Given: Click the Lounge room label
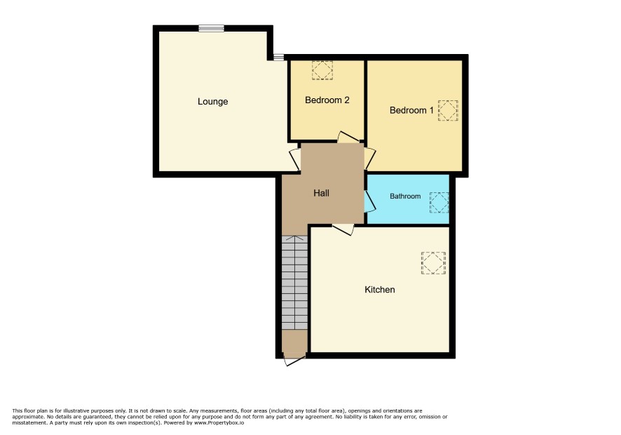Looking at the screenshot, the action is pyautogui.click(x=212, y=102).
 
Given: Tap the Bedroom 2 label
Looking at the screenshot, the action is pyautogui.click(x=327, y=100).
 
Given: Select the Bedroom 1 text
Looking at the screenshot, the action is pyautogui.click(x=411, y=110).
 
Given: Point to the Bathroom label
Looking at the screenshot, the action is pyautogui.click(x=405, y=196).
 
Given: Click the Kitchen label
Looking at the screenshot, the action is pyautogui.click(x=380, y=290).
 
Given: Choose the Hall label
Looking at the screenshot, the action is pyautogui.click(x=321, y=193).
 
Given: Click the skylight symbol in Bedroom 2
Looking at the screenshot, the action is pyautogui.click(x=322, y=70).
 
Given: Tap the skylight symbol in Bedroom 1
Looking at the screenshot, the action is pyautogui.click(x=448, y=110).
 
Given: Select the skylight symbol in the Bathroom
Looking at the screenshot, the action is pyautogui.click(x=439, y=202).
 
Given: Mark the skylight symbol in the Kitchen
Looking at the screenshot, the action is pyautogui.click(x=433, y=263).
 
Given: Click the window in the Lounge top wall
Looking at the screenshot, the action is pyautogui.click(x=212, y=28).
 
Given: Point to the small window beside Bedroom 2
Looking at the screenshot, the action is pyautogui.click(x=278, y=58).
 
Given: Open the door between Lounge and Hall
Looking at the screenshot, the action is pyautogui.click(x=294, y=160).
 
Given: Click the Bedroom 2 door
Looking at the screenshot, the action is pyautogui.click(x=348, y=138).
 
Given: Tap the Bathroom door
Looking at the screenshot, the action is pyautogui.click(x=370, y=201).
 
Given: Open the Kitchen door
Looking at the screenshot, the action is pyautogui.click(x=343, y=229).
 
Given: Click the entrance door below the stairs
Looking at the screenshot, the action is pyautogui.click(x=294, y=361).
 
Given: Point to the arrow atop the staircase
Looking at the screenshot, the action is pyautogui.click(x=294, y=239).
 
